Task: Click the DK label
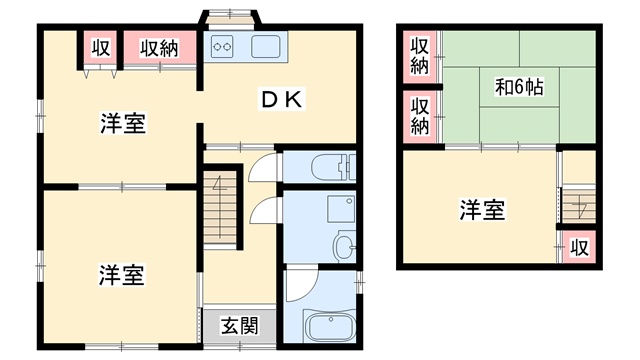point(281,99)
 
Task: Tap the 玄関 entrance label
point(240,325)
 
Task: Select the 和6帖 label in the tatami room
point(519,87)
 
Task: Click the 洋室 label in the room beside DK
point(123,123)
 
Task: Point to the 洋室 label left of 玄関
point(121,275)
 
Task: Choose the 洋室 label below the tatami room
point(482,210)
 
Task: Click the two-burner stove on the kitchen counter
point(222,46)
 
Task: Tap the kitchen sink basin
point(266,46)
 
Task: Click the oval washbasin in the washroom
point(344,246)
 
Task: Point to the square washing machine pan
point(340,209)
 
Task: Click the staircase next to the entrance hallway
point(220,207)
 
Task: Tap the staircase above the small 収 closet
point(579,206)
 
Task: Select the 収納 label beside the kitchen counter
point(159,48)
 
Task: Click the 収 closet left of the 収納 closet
point(100,47)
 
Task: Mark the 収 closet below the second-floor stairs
point(579,247)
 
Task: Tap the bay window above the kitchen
point(230,18)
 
